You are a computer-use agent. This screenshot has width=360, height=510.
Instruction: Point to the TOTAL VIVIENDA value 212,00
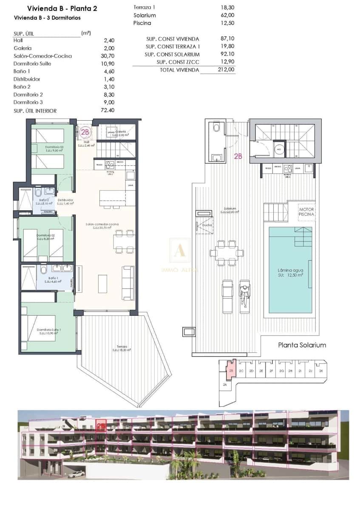[225, 70]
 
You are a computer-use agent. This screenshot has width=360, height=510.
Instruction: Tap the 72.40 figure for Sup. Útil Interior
[108, 110]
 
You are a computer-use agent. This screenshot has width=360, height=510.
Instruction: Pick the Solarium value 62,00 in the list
[227, 15]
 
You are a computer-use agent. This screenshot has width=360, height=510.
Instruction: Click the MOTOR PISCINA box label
[306, 212]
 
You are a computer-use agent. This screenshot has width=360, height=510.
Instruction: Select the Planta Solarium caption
[302, 345]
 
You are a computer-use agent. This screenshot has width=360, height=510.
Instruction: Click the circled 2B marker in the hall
[85, 132]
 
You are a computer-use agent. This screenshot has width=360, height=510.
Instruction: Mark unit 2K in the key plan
[321, 371]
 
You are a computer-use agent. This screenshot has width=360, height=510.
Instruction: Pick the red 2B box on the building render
[101, 426]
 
